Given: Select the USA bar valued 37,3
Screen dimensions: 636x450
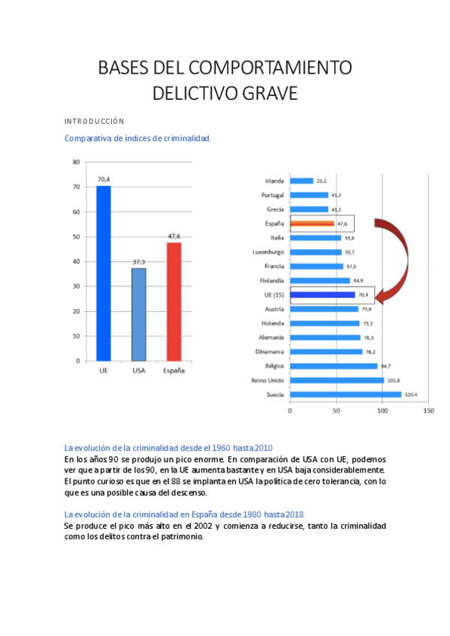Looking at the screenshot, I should [x=138, y=314].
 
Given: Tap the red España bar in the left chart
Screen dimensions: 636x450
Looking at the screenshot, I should [x=174, y=301].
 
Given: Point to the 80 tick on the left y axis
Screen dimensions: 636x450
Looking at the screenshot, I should [x=76, y=162].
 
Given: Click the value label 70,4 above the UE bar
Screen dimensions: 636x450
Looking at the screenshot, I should [x=103, y=179].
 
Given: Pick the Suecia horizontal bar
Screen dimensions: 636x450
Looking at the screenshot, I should [x=346, y=394].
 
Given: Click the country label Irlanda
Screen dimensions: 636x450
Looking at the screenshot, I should [x=275, y=181].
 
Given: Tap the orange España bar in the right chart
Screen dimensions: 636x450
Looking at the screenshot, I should [x=312, y=223].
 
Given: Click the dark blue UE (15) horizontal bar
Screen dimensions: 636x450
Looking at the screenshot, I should [x=322, y=295].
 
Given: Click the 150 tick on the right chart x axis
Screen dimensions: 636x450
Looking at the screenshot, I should [x=429, y=411].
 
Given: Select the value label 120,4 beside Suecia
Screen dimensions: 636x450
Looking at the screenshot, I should [x=412, y=394].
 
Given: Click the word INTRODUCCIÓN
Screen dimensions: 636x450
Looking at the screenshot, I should [x=94, y=121].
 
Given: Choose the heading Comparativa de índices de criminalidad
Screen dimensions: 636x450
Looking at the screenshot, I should [x=137, y=138].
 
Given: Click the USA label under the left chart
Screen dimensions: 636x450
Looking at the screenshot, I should [x=138, y=370].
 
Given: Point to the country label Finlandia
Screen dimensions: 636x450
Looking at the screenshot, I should [x=271, y=280].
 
